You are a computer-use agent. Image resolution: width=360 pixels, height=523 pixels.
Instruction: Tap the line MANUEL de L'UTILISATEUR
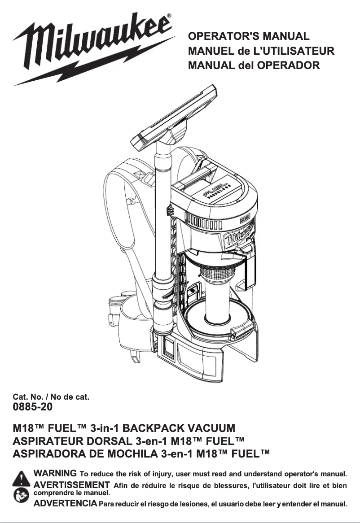pos(261,51)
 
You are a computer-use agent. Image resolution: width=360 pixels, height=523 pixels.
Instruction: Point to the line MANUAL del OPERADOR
pos(254,65)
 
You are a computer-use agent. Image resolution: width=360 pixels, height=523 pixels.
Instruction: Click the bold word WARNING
pos(55,473)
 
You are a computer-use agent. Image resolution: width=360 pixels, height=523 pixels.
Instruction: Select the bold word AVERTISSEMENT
pos(72,484)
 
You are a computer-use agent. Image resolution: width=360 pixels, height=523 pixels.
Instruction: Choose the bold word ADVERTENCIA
pos(66,504)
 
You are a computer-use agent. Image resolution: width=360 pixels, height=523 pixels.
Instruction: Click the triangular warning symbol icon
pos(21,479)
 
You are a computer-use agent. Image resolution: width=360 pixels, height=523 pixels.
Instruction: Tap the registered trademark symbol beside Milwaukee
pos(169,16)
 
